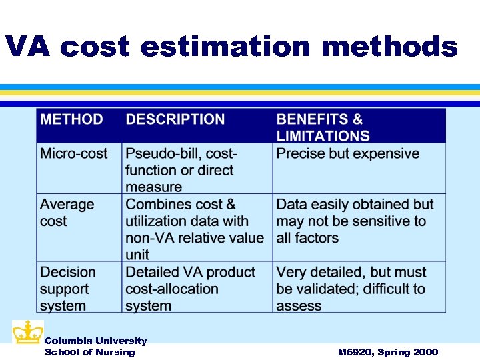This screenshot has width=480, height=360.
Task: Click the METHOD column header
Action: pyautogui.click(x=72, y=120)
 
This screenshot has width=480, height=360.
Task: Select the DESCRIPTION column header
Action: pyautogui.click(x=175, y=120)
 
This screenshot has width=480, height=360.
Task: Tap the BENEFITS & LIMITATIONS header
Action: pyautogui.click(x=323, y=127)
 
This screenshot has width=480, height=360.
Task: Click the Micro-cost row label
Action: pyautogui.click(x=73, y=154)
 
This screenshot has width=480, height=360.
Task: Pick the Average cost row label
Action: pyautogui.click(x=67, y=213)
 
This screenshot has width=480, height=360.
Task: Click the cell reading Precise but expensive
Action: pyautogui.click(x=348, y=154)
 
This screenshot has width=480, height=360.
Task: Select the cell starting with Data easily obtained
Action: pyautogui.click(x=355, y=221)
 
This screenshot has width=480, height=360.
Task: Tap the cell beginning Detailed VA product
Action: pyautogui.click(x=190, y=289)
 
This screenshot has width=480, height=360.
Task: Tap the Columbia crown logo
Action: pyautogui.click(x=27, y=333)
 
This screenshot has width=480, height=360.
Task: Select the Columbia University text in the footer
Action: pyautogui.click(x=95, y=341)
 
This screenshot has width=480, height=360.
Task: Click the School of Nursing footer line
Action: pyautogui.click(x=89, y=352)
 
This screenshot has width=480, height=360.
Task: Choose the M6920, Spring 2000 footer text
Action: pyautogui.click(x=387, y=352)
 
